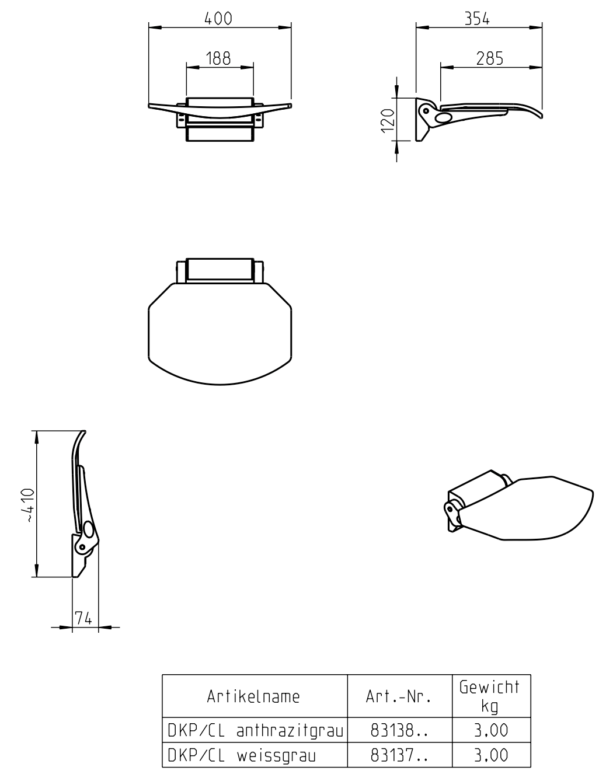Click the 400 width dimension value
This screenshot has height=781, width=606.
click(218, 19)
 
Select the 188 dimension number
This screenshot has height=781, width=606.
click(218, 58)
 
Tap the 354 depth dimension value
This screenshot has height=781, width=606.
click(477, 19)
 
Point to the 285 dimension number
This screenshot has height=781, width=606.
click(490, 58)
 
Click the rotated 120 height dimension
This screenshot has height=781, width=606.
click(388, 121)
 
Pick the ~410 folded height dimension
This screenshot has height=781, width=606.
click(28, 505)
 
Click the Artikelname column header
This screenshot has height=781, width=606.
click(253, 696)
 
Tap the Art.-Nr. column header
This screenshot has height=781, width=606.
click(398, 696)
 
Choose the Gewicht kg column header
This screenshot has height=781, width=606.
click(490, 696)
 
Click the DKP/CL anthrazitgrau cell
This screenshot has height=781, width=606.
click(256, 730)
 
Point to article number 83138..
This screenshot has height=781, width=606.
click(399, 730)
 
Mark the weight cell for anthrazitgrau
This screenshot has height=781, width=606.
click(491, 730)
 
